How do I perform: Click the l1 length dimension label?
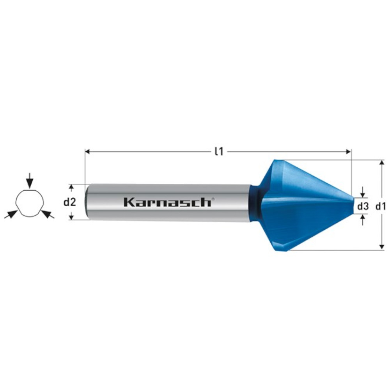pyautogui.click(x=219, y=151)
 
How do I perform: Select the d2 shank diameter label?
pyautogui.click(x=70, y=202)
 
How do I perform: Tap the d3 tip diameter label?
pyautogui.click(x=363, y=206)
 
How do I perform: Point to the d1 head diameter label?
pyautogui.click(x=381, y=206)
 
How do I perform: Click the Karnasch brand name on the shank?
pyautogui.click(x=167, y=202)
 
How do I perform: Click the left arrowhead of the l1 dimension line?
pyautogui.click(x=87, y=151)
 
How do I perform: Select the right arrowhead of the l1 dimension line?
pyautogui.click(x=348, y=151)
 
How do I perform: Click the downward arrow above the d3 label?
pyautogui.click(x=363, y=192)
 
